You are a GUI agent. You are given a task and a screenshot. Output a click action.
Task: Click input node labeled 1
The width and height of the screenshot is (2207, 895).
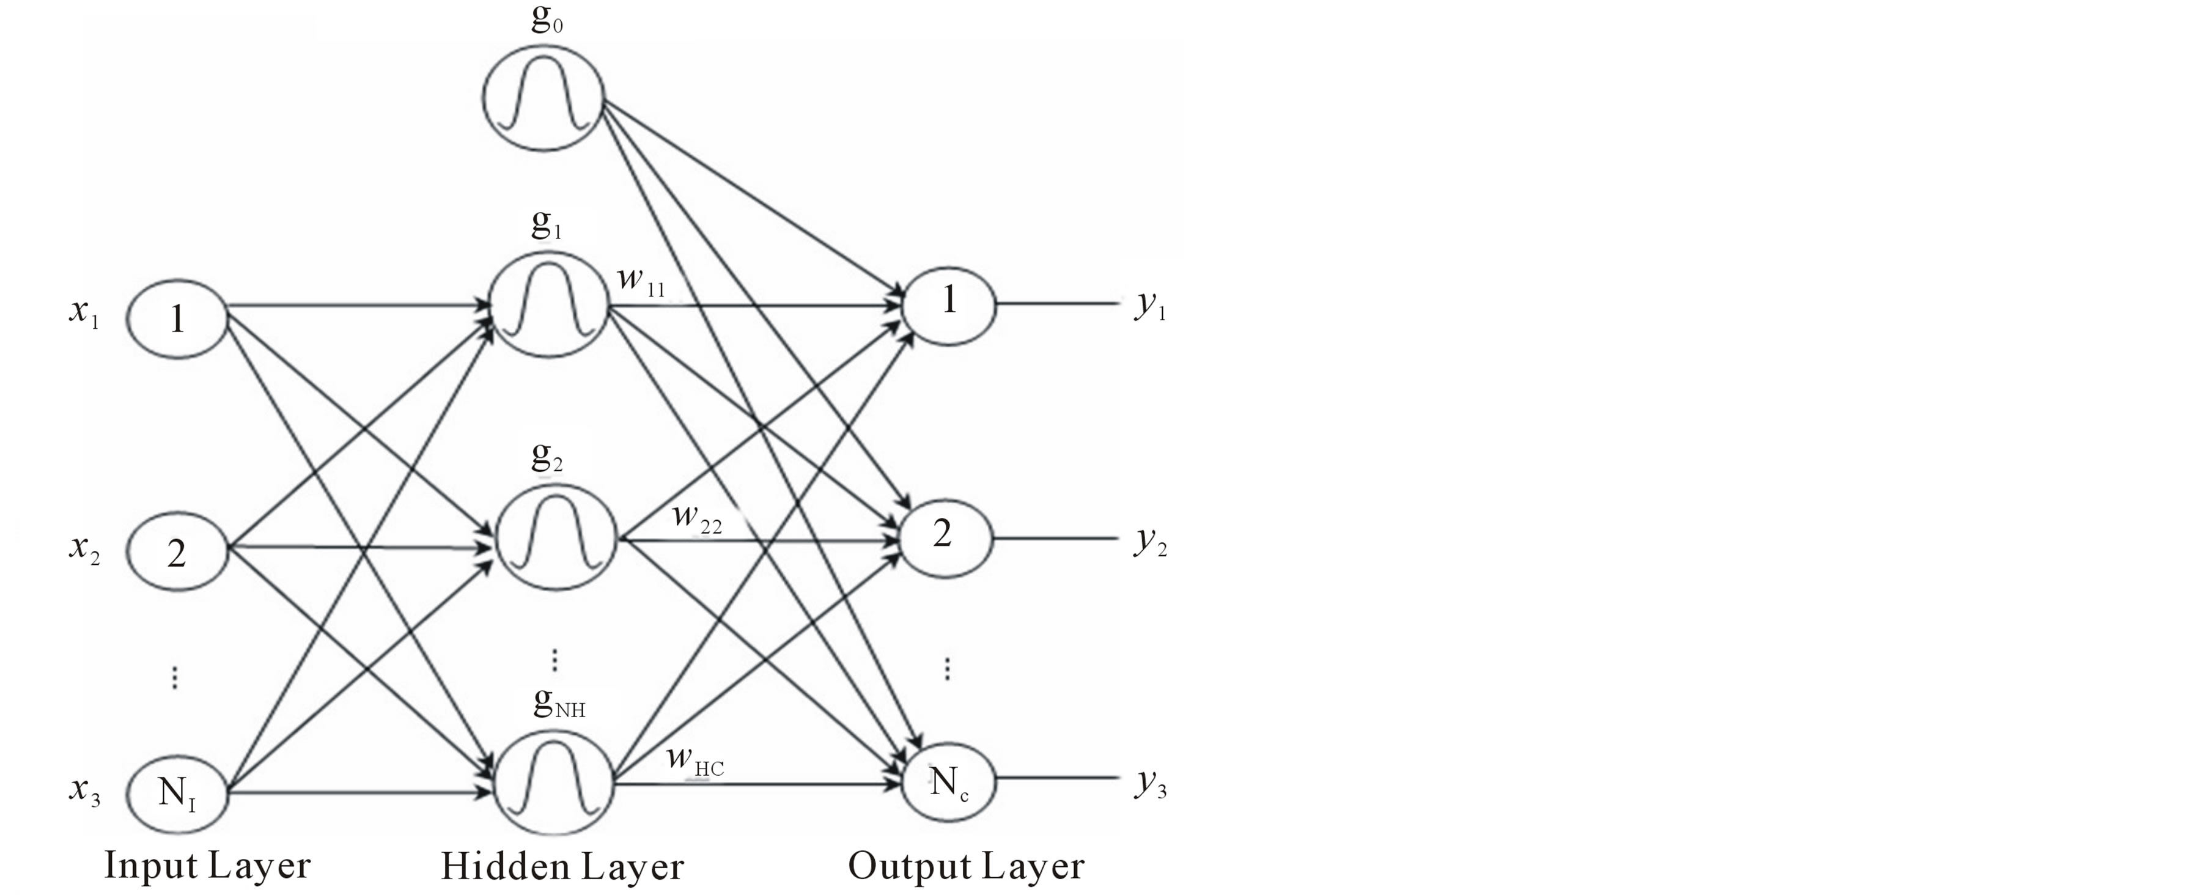click(177, 318)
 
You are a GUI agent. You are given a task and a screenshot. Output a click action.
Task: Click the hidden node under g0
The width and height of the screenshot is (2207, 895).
click(543, 98)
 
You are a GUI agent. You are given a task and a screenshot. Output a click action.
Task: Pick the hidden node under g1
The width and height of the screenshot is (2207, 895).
click(548, 305)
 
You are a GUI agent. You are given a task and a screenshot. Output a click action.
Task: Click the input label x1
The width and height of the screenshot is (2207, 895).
click(84, 312)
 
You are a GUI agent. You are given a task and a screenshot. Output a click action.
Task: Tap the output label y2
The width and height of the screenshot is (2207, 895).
click(1151, 541)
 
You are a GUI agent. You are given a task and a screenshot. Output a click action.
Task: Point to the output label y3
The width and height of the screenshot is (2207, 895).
click(1151, 784)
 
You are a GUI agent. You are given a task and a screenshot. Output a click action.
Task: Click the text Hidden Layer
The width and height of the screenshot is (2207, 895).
click(562, 867)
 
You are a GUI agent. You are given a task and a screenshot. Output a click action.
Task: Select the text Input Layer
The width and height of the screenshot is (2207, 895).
click(207, 865)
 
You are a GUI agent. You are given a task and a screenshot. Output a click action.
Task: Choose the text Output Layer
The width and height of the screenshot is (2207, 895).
click(965, 867)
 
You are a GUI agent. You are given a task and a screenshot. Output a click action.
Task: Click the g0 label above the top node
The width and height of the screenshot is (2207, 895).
click(547, 19)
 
